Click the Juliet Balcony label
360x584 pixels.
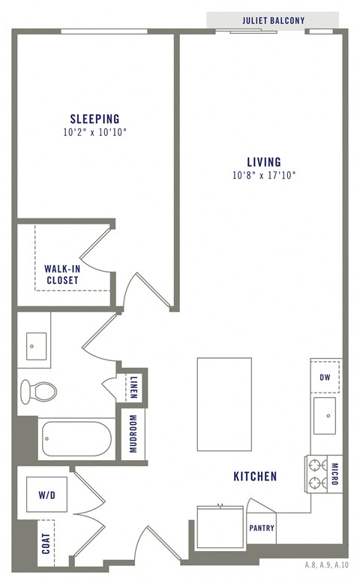tap(273, 21)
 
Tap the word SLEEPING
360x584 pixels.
tap(94, 119)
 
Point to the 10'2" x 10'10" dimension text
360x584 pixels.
tap(94, 132)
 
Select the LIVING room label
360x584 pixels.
tap(264, 161)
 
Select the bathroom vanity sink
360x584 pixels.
tap(34, 347)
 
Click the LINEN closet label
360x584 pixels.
tap(133, 387)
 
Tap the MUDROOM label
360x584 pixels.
tap(133, 434)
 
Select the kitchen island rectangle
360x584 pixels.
tap(224, 404)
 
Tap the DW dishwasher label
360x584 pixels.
tap(325, 378)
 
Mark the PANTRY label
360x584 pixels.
tap(262, 528)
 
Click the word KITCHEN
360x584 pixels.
tap(255, 476)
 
